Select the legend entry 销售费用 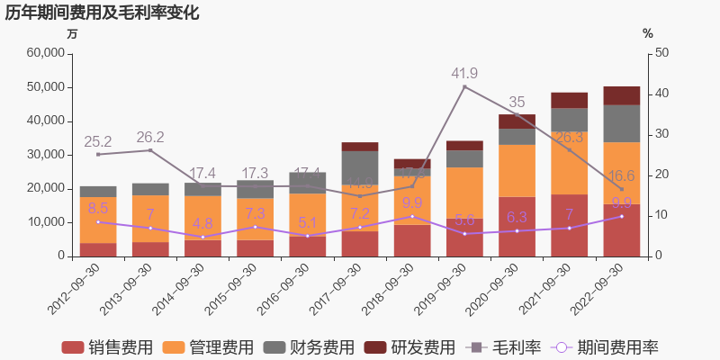click(106, 347)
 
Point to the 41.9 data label click(464, 73)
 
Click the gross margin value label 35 click(517, 102)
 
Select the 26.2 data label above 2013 click(150, 137)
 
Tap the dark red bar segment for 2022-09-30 click(621, 95)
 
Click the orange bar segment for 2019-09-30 click(464, 193)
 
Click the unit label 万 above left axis click(73, 34)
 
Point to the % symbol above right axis click(647, 34)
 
